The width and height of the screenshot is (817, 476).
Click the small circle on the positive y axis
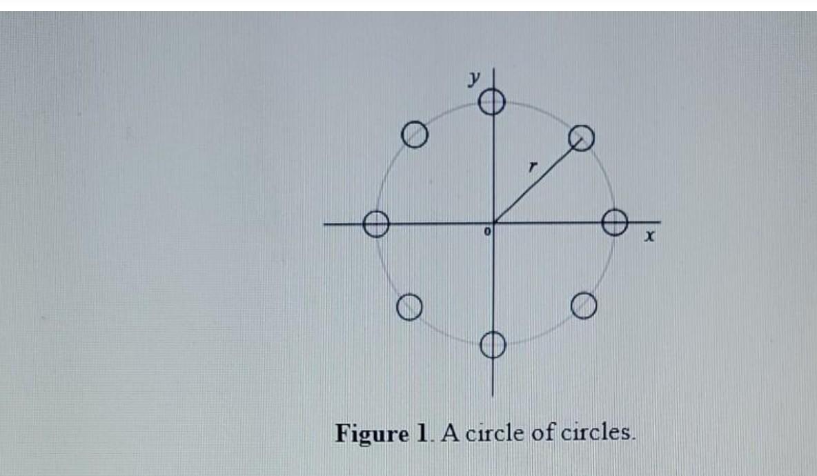coord(493,103)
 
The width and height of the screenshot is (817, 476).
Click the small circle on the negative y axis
coord(493,344)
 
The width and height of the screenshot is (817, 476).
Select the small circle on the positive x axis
coord(614,222)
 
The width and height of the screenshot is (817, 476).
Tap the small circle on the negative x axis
coord(376,224)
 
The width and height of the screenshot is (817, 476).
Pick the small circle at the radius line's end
coord(581,138)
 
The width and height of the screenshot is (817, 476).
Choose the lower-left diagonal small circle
coord(409,306)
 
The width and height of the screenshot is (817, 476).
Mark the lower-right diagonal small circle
coord(583,305)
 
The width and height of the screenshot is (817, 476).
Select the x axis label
coord(648,237)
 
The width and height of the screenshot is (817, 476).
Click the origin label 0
coord(486,234)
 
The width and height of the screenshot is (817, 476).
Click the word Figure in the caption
coord(372,434)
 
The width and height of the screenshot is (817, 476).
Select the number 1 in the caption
coord(422,433)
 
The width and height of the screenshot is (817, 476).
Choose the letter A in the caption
coord(449,433)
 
